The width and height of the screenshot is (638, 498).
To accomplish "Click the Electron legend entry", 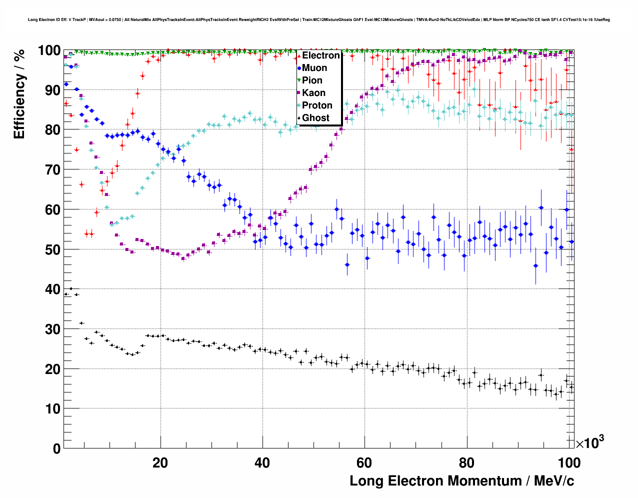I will (320, 55).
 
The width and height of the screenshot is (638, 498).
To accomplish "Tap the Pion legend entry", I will (312, 80).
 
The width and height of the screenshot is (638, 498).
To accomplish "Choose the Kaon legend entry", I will (313, 93).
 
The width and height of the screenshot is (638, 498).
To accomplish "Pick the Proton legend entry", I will (317, 105).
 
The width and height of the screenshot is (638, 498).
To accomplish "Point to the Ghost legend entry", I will (315, 118).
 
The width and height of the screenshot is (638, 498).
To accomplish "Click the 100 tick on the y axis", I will (49, 50).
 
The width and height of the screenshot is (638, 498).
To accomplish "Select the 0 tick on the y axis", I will (56, 448).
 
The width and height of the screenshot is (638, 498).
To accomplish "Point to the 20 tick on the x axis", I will (160, 463).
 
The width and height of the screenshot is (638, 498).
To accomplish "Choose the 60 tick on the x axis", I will (364, 463).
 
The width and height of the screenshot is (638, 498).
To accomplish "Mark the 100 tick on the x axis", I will (568, 463).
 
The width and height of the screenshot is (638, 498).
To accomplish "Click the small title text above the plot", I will (319, 20).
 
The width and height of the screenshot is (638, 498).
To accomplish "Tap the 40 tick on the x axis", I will (262, 463).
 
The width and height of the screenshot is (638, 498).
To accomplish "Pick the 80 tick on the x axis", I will (466, 463).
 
